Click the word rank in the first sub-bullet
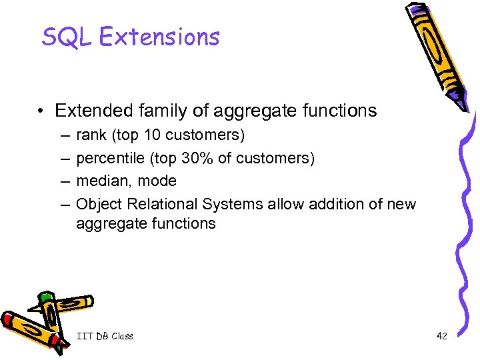coord(91,135)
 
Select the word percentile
coord(107,158)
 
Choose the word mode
coord(159,181)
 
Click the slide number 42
coord(441,336)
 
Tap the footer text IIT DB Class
coord(105,336)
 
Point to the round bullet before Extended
coord(42,111)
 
